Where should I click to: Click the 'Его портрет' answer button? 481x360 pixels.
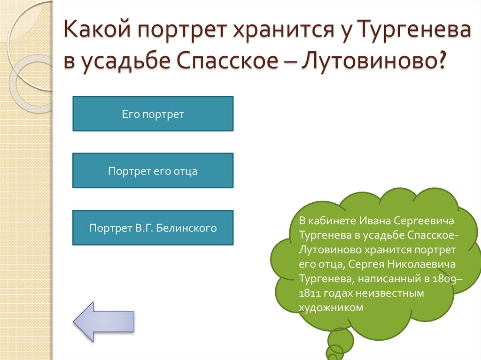[153, 114]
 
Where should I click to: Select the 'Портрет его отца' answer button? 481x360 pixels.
[153, 171]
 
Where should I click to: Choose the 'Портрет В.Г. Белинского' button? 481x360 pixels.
[153, 228]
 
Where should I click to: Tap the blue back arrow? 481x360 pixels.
[104, 321]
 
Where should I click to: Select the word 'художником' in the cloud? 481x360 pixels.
[331, 308]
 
